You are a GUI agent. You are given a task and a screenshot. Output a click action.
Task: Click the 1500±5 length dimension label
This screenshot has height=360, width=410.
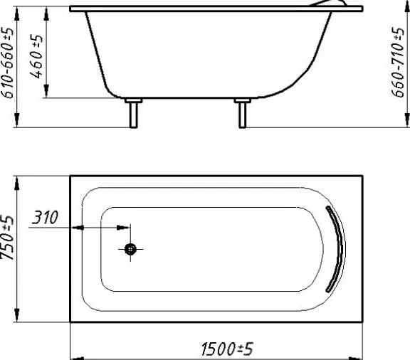pyautogui.click(x=227, y=349)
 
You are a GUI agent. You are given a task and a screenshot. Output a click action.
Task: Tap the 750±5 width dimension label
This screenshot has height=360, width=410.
pyautogui.click(x=7, y=238)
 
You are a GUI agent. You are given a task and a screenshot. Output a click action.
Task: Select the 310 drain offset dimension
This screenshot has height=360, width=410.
pyautogui.click(x=45, y=217)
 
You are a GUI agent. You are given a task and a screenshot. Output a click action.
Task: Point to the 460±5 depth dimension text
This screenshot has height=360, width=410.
pyautogui.click(x=36, y=56)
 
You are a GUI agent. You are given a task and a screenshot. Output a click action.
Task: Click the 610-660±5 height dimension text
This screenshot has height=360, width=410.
pyautogui.click(x=7, y=63)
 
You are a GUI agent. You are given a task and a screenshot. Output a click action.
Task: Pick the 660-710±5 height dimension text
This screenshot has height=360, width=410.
pyautogui.click(x=398, y=62)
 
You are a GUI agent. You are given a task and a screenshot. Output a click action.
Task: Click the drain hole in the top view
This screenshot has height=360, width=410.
pyautogui.click(x=130, y=249)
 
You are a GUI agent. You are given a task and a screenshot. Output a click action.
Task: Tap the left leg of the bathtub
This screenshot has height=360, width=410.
pyautogui.click(x=134, y=115)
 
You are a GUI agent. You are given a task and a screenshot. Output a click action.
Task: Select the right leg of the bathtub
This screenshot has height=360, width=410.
pyautogui.click(x=243, y=115)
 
